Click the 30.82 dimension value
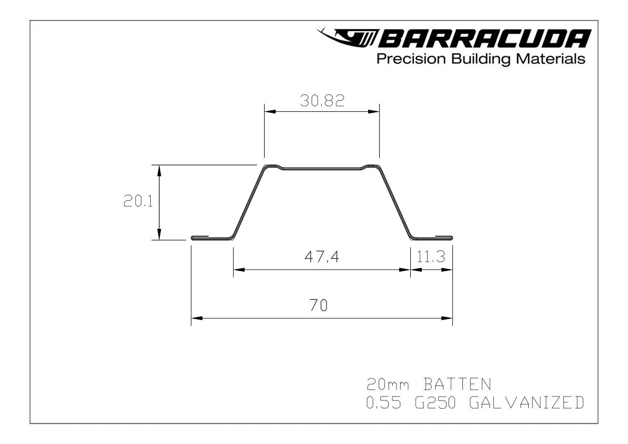click(x=322, y=101)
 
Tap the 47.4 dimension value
click(x=322, y=257)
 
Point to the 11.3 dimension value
click(x=431, y=257)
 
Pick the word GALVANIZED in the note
click(x=526, y=403)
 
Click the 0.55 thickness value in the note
click(x=384, y=403)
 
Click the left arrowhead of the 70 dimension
click(x=197, y=318)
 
